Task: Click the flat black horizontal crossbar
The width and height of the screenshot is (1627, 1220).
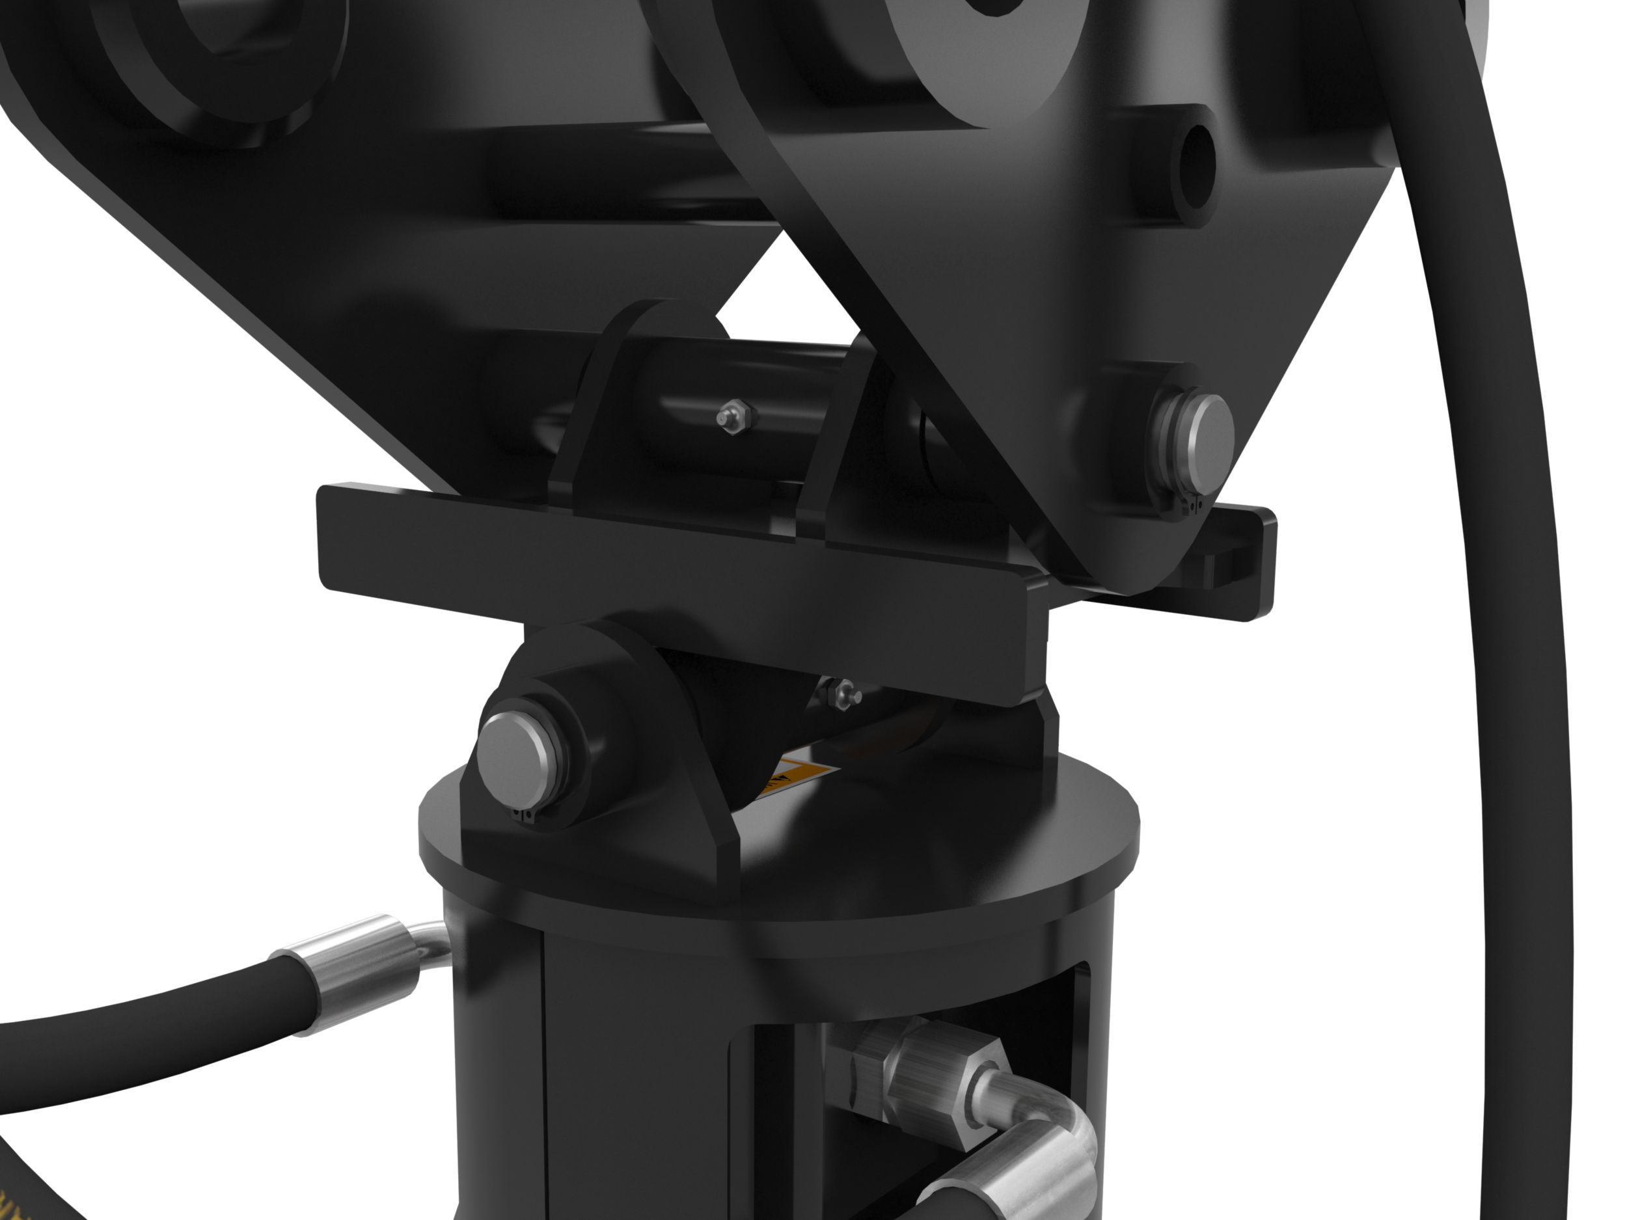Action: coord(662,581)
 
